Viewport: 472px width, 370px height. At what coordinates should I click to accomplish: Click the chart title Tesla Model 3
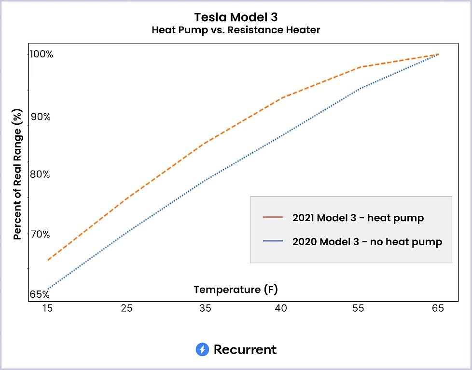(x=236, y=17)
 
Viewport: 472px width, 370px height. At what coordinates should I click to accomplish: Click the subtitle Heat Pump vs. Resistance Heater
(x=236, y=30)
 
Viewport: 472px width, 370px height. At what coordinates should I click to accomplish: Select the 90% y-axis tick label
(x=40, y=117)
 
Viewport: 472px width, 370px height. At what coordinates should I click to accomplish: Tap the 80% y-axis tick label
(x=40, y=174)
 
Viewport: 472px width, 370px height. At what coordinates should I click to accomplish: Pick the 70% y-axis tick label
(x=40, y=234)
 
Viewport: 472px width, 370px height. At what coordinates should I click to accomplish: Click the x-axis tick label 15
(x=48, y=309)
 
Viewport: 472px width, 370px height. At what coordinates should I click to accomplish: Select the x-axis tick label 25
(x=126, y=309)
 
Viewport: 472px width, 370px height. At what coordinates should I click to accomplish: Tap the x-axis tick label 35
(x=205, y=309)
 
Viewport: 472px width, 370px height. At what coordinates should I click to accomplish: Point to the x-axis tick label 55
(x=359, y=309)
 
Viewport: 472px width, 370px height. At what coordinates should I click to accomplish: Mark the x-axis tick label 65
(x=437, y=309)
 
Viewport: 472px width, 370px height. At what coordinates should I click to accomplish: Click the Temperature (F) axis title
(x=236, y=290)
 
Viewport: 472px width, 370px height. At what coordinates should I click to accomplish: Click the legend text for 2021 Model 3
(x=358, y=218)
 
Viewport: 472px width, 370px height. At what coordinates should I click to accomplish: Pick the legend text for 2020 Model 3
(x=367, y=241)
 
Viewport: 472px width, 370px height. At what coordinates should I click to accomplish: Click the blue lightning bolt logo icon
(x=202, y=349)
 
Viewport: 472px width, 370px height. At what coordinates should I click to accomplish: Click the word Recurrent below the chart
(x=245, y=349)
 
